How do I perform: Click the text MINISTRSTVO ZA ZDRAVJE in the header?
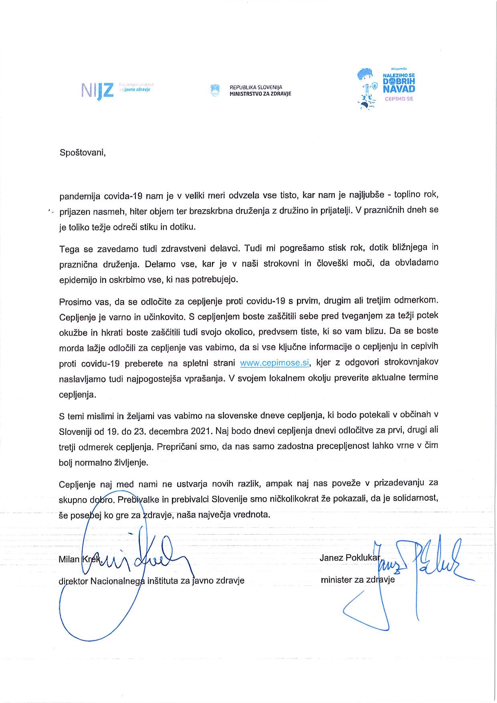(260, 94)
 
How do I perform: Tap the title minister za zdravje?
(358, 580)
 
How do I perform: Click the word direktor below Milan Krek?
(73, 581)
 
